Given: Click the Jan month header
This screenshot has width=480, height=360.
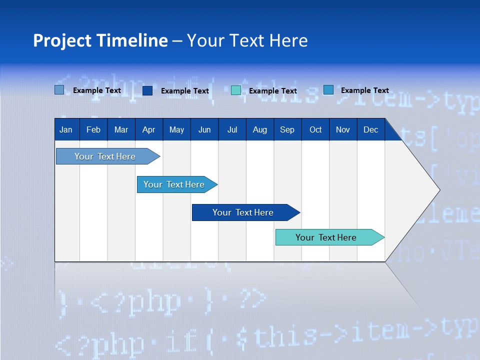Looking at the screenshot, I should (x=66, y=129).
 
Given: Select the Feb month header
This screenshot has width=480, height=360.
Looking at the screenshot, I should (x=93, y=129).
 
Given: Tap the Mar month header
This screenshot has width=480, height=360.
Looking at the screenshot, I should (x=121, y=129).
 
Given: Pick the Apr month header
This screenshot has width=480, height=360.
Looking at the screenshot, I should (x=149, y=129).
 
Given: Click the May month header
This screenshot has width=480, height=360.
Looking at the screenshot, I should (x=176, y=129).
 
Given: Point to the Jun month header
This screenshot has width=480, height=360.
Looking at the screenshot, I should (x=204, y=129).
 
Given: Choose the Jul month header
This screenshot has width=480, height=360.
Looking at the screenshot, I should (x=232, y=129).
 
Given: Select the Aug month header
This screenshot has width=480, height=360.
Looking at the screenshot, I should (x=260, y=129).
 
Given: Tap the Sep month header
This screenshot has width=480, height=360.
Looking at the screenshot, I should (x=287, y=129).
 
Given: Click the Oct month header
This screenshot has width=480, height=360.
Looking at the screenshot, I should (x=315, y=129).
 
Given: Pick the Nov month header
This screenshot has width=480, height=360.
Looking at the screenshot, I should (x=343, y=129).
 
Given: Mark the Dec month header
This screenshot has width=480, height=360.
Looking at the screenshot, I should (x=371, y=129).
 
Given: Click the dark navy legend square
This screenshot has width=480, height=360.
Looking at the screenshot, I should (x=147, y=90).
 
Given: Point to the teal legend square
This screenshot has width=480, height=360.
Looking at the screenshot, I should (x=236, y=90).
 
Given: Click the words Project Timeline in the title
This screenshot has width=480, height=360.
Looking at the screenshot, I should (x=100, y=40).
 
